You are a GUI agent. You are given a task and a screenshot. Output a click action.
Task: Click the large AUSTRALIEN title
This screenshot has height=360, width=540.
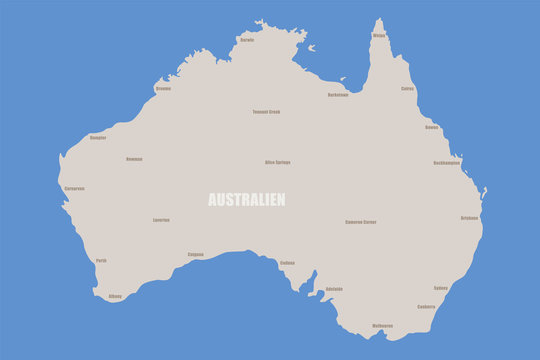pos(246,199)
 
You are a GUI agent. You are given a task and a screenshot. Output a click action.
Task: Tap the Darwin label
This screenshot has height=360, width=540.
pos(247,40)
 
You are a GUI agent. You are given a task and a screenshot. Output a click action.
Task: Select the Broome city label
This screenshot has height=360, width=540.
pos(163,88)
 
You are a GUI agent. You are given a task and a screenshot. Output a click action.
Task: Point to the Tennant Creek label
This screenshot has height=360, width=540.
pos(266,112)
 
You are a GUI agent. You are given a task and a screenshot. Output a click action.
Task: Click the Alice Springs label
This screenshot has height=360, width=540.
pos(277,162)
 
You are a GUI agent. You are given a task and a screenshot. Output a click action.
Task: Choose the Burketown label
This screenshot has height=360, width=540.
pos(338,95)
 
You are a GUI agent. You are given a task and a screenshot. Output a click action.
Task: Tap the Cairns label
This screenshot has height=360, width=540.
pos(408,88)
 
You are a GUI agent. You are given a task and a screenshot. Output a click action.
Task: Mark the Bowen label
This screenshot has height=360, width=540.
pos(431,127)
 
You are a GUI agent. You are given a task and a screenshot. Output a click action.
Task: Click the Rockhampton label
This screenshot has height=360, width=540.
pos(447,162)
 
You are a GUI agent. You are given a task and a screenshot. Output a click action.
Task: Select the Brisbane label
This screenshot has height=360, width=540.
pos(469,217)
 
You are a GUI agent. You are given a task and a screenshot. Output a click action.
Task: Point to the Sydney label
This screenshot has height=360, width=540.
pos(441,287)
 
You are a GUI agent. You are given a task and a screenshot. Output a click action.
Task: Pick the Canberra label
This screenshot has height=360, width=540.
pos(426,306)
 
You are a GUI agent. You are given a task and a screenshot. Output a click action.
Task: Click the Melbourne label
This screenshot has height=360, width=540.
pos(382,325)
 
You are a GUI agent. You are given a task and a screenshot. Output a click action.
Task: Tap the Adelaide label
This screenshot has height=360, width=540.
pos(334,289)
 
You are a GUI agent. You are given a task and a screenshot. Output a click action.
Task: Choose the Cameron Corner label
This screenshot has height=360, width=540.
pos(361,222)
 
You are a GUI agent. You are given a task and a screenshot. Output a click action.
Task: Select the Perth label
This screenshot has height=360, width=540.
pos(101,260)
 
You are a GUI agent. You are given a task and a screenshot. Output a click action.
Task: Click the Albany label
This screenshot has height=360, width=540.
pos(115,296)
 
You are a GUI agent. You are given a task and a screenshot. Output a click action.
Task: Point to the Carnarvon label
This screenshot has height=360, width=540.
pos(74,188)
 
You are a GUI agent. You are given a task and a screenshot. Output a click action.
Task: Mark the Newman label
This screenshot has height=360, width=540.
pos(134,159)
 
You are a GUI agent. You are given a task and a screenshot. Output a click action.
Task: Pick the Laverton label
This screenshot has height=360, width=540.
pos(161,220)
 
